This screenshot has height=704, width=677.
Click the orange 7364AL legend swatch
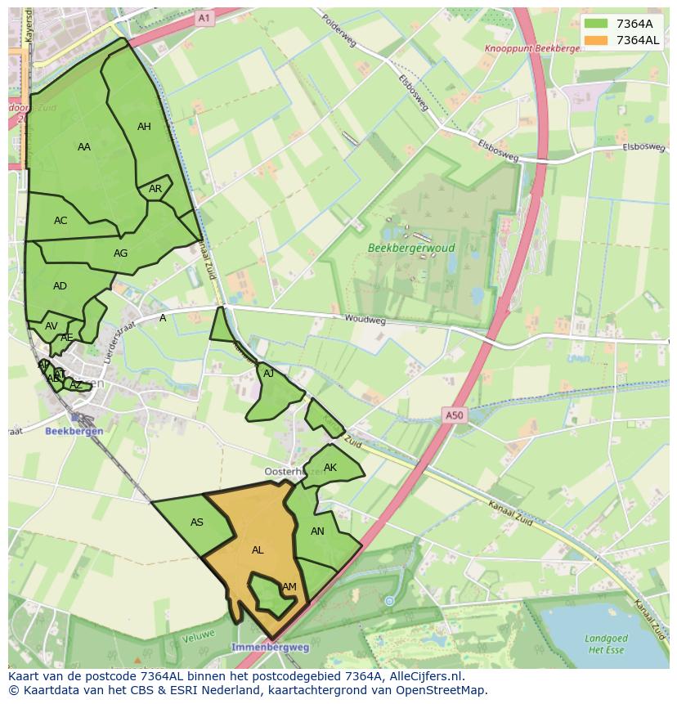click(597, 40)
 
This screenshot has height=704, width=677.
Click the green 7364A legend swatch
click(597, 24)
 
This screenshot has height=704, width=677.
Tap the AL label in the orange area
click(258, 550)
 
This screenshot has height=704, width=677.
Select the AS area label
click(197, 522)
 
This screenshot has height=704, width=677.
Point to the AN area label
click(318, 531)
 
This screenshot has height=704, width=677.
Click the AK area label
click(330, 469)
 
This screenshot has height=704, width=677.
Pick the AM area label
click(289, 587)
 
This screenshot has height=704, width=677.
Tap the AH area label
click(144, 127)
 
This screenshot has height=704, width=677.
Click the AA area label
click(84, 147)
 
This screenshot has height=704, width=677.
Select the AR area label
click(155, 189)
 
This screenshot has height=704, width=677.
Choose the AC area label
click(61, 221)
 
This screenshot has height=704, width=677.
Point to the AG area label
click(120, 253)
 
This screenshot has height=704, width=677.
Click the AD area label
click(60, 286)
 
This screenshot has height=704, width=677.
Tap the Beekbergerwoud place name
click(411, 248)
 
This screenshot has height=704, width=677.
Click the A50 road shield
click(454, 415)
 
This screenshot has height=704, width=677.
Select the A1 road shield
click(204, 17)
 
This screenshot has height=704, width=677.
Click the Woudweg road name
click(365, 320)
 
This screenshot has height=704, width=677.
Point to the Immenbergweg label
click(271, 647)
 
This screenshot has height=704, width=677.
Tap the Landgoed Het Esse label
click(606, 643)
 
